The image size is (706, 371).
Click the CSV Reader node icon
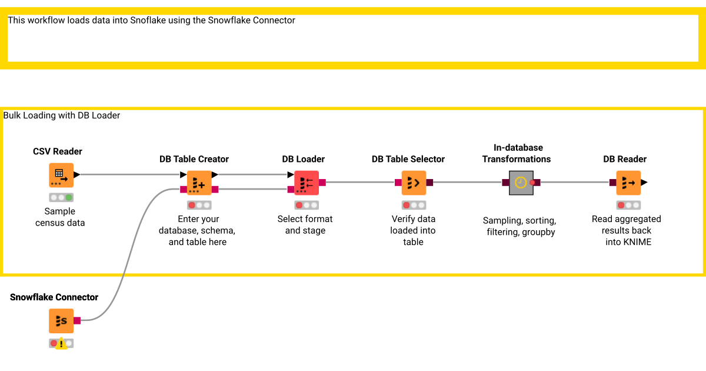point(61,175)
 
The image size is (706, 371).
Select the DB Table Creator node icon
point(199,183)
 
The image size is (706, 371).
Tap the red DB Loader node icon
point(306,183)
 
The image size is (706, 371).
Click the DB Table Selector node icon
point(414,183)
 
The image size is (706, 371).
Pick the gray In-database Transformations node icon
point(521,183)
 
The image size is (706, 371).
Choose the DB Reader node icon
point(628,183)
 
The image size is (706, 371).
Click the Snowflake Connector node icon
point(61,320)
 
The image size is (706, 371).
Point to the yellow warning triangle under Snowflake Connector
point(61,344)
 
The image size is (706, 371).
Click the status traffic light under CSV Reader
point(61,197)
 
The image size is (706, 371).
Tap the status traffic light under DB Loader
point(306,205)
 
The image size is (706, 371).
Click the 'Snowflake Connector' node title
point(54,297)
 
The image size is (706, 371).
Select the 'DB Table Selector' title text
point(408,159)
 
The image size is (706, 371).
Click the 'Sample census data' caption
point(60,217)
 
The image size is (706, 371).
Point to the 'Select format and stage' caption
point(305,224)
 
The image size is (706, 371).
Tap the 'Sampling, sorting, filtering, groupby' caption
point(519,226)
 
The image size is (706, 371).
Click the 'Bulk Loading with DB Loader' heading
point(62,115)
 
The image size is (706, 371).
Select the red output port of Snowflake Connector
point(77,320)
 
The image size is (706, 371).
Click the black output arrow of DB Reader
point(644,183)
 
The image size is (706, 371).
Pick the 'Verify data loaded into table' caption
point(413,230)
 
